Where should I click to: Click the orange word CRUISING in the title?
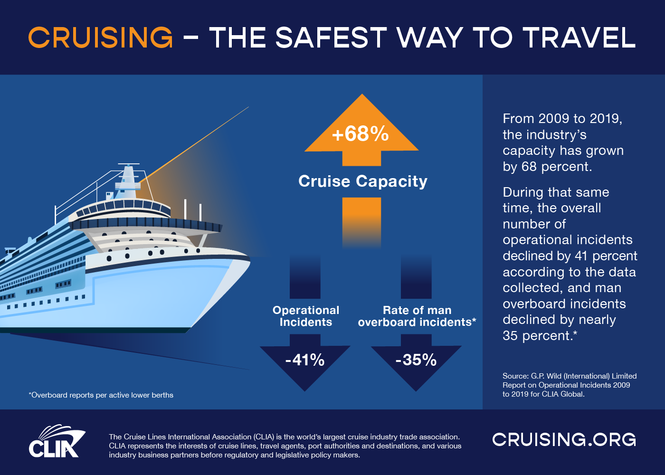[x=101, y=38]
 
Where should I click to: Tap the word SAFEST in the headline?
[x=331, y=38]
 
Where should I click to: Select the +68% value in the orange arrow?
[x=361, y=134]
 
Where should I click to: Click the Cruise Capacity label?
[x=362, y=181]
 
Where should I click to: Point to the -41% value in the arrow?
[x=305, y=360]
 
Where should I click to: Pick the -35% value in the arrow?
[x=416, y=360]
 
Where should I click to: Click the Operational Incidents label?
[x=306, y=316]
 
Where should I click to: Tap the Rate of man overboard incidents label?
[x=417, y=316]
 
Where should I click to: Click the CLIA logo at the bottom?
[x=56, y=442]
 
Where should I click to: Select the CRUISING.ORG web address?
[x=564, y=439]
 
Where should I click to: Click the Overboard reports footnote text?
[x=101, y=395]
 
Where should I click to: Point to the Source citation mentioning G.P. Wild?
[x=569, y=385]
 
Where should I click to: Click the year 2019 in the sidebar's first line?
[x=605, y=119]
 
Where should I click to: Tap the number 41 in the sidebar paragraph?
[x=581, y=256]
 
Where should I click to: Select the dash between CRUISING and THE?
[x=190, y=38]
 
